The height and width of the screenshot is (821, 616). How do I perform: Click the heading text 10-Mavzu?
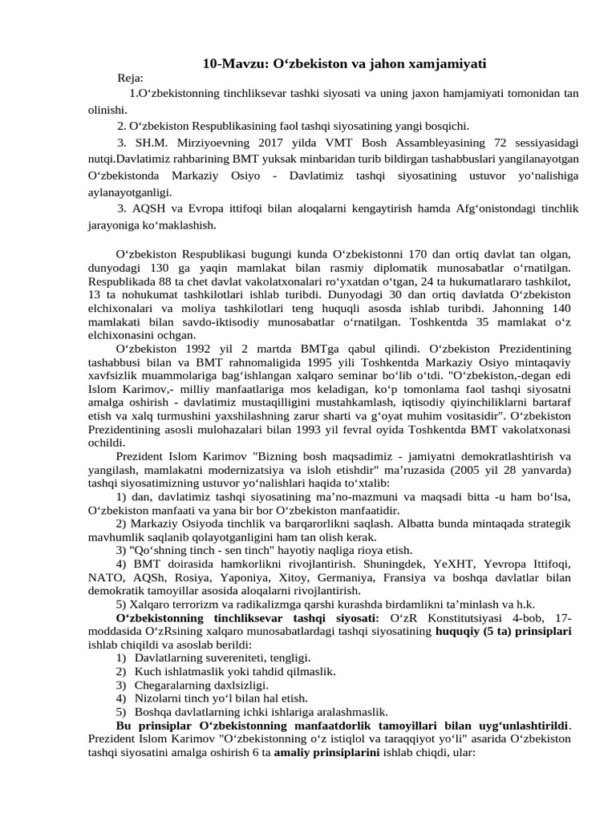pyautogui.click(x=227, y=63)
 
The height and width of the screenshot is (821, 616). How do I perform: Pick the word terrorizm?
pyautogui.click(x=198, y=605)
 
